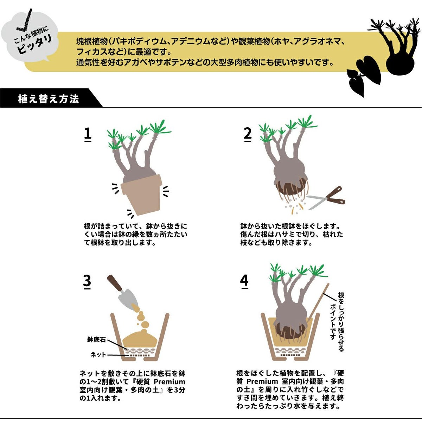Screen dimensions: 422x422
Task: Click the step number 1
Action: (x=88, y=134)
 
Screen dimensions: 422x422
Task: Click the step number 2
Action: (x=248, y=134)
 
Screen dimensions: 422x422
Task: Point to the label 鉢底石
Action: (x=96, y=340)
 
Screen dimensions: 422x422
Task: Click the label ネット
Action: (x=98, y=354)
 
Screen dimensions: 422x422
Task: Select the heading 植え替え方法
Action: (x=49, y=99)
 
